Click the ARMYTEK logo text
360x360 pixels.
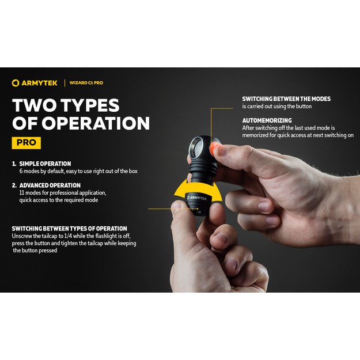point(39,83)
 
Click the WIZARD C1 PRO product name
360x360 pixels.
point(86,83)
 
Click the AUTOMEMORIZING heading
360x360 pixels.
point(267,120)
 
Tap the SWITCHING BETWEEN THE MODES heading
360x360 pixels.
point(286,99)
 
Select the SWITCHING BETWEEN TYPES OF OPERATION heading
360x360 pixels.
point(70,229)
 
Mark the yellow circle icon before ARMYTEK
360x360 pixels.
point(16,83)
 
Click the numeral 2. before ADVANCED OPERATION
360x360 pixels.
point(14,185)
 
